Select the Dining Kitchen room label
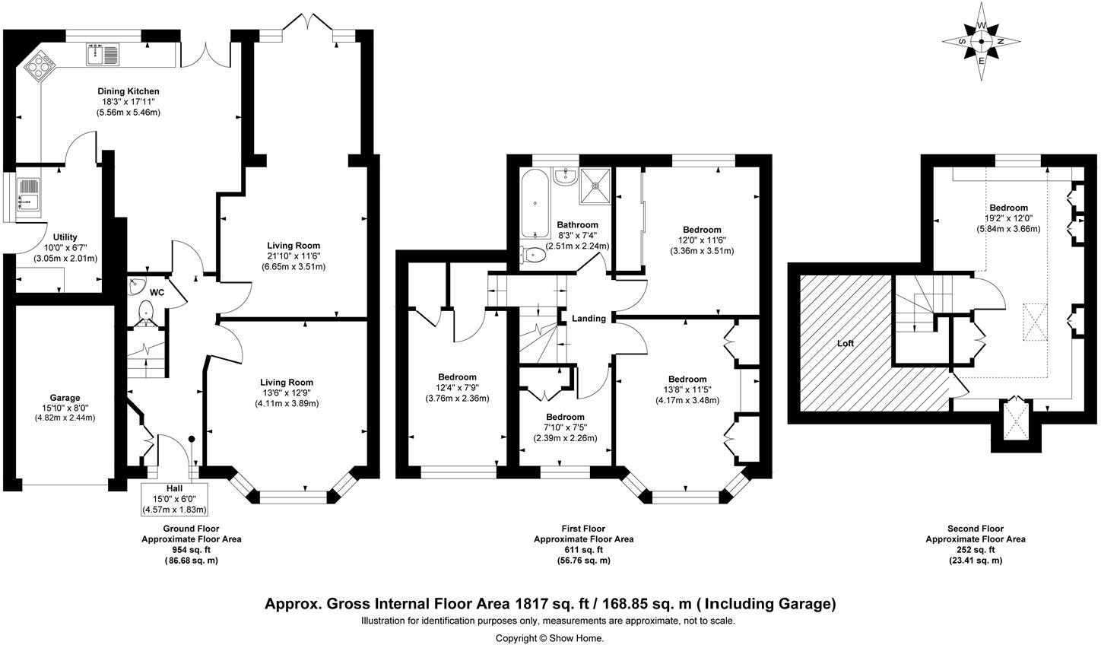pyautogui.click(x=129, y=91)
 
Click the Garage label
pyautogui.click(x=65, y=398)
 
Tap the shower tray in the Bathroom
pyautogui.click(x=595, y=186)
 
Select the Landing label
pyautogui.click(x=589, y=318)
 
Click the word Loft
pyautogui.click(x=846, y=343)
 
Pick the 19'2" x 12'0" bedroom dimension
pyautogui.click(x=1008, y=218)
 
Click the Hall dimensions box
pyautogui.click(x=174, y=499)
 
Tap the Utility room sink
pyautogui.click(x=30, y=193)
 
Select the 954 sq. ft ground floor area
pyautogui.click(x=191, y=550)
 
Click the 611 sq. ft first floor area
pyautogui.click(x=583, y=550)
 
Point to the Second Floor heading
pyautogui.click(x=976, y=529)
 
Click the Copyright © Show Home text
pyautogui.click(x=550, y=638)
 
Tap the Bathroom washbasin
pyautogui.click(x=565, y=177)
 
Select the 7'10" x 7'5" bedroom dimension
pyautogui.click(x=565, y=427)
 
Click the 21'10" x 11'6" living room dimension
pyautogui.click(x=293, y=256)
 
